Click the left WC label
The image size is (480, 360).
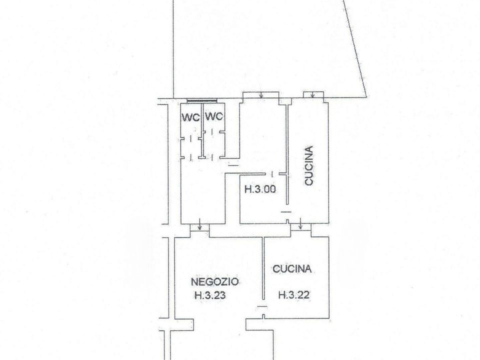[190, 117]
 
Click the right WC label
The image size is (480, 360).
[214, 116]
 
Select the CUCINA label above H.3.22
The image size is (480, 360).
[292, 269]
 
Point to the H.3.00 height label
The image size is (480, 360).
[260, 189]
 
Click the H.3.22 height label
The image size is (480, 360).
[294, 295]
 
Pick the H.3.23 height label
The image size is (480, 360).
[210, 295]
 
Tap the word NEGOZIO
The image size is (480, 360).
[215, 281]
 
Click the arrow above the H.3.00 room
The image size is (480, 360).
[261, 95]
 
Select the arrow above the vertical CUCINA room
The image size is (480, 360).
[312, 95]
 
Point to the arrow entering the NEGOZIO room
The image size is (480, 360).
[199, 224]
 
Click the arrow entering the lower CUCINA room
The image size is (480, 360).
[300, 224]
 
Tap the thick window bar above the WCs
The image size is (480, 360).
[202, 100]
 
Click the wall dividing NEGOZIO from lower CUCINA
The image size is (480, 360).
[263, 268]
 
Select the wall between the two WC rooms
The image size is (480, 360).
[202, 131]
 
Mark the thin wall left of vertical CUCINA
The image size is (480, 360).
[287, 154]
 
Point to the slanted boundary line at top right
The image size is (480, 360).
[357, 48]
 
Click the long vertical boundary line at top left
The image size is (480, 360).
[173, 49]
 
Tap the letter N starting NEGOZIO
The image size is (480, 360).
[194, 281]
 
